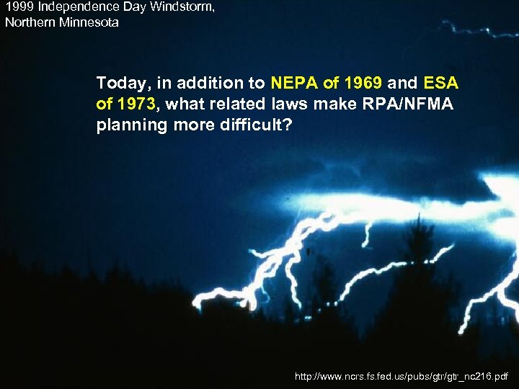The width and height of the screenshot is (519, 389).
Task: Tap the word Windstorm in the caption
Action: [x=180, y=8]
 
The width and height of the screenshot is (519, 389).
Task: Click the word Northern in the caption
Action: [x=29, y=22]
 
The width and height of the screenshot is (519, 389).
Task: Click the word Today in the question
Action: [x=118, y=83]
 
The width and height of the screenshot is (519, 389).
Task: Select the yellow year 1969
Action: [x=361, y=83]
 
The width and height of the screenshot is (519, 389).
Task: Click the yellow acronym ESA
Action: [x=440, y=83]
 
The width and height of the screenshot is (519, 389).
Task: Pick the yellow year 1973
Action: [x=136, y=104]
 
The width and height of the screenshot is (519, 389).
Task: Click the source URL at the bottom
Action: [x=402, y=376]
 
